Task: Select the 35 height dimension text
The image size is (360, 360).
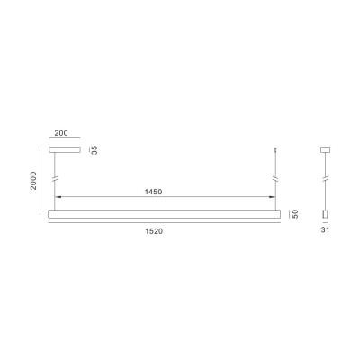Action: (x=94, y=148)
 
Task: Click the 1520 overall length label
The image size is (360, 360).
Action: (x=164, y=231)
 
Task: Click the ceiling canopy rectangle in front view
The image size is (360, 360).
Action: (x=65, y=148)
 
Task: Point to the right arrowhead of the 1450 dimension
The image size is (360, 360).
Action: (x=274, y=198)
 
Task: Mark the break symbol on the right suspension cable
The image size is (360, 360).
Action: (x=274, y=179)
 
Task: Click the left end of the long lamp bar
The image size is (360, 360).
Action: (x=49, y=214)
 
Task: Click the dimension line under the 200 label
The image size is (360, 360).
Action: (x=65, y=139)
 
